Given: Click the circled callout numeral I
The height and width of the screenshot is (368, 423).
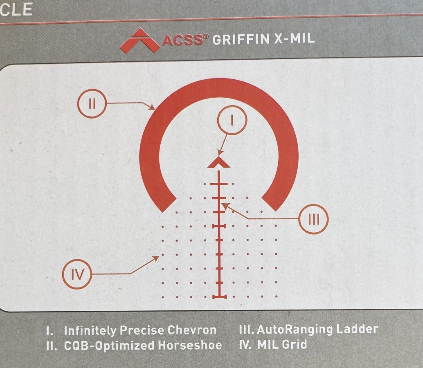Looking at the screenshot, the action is tap(232, 120).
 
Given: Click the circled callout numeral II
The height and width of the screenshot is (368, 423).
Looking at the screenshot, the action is tap(92, 103).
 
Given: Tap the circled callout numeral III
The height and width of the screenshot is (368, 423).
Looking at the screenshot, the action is tap(313, 219).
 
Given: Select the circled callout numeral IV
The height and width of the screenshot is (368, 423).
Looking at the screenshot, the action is tap(77, 274).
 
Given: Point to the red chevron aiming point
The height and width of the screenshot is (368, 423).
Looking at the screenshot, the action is tap(218, 163).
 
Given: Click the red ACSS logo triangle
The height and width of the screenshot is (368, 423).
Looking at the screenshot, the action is tap(140, 40).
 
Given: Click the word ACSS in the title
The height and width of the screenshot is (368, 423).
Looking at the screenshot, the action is tap(183, 40).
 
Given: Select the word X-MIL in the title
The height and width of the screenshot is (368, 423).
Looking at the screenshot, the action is tap(294, 38).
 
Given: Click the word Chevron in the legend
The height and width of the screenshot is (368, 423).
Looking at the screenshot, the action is tap(192, 330).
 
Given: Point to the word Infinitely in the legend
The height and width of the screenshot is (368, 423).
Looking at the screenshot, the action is tap(90, 331).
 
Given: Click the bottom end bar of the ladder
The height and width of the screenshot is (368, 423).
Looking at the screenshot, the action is tap(219, 297).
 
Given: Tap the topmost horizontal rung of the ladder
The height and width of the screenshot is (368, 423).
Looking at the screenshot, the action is tap(219, 184).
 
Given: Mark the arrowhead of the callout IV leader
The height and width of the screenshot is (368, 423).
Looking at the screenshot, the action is tap(155, 258).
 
